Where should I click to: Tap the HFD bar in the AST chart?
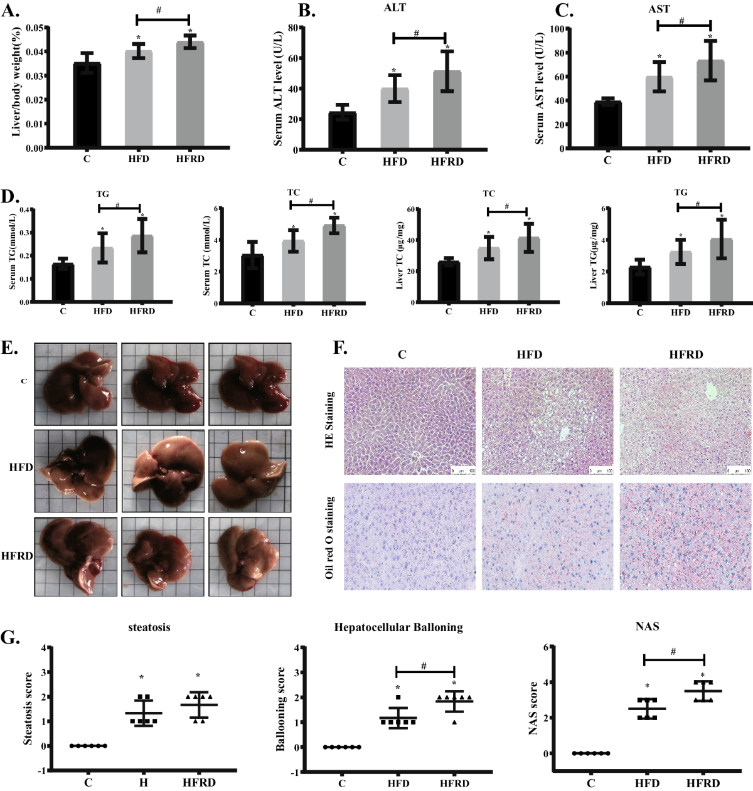pos(659,112)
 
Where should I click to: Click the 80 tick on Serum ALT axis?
pos(292,28)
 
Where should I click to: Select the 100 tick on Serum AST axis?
pos(556,29)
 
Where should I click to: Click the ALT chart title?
pos(395,8)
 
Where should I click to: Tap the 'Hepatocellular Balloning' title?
pos(398,627)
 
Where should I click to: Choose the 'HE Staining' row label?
pos(330,420)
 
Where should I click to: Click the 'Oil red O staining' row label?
pos(330,537)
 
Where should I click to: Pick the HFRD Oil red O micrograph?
pos(685,536)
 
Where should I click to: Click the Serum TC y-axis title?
pos(207,256)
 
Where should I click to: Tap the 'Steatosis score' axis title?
pos(28,709)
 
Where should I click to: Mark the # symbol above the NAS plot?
pos(673,652)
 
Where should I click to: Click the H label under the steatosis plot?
pos(144,783)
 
